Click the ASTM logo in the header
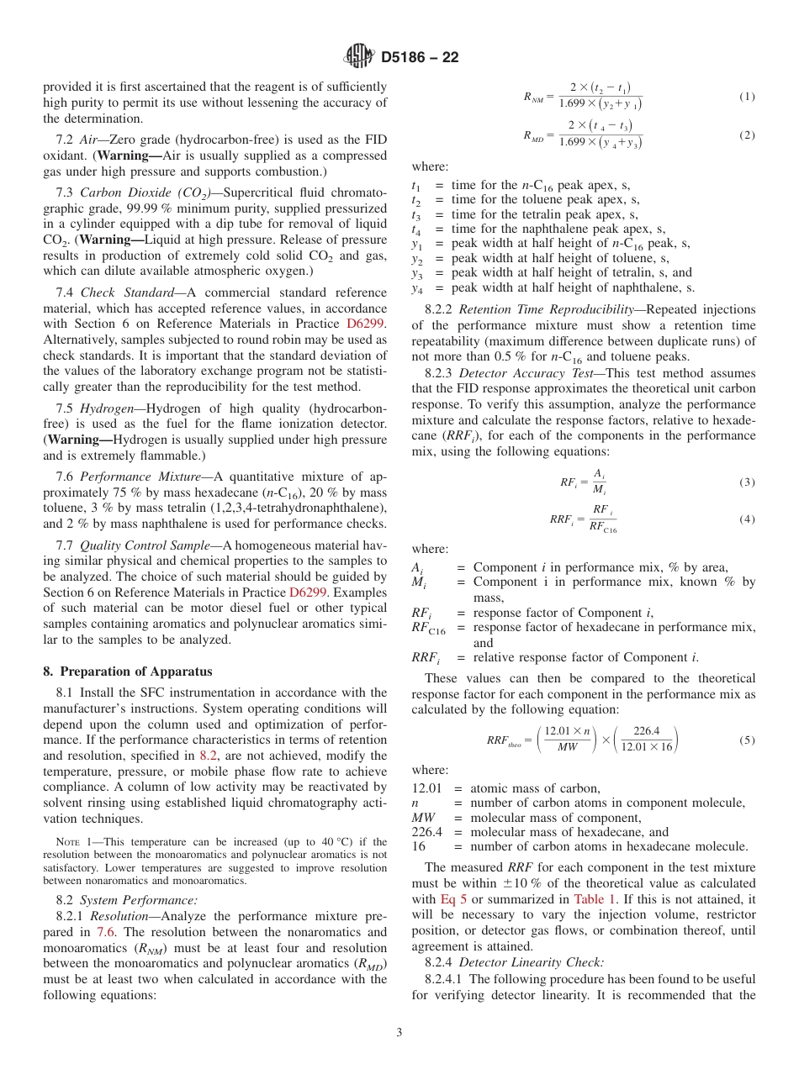point(359,57)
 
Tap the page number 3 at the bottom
point(399,1032)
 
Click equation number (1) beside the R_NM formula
point(747,97)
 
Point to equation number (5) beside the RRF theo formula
point(747,740)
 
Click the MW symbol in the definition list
point(423,818)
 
